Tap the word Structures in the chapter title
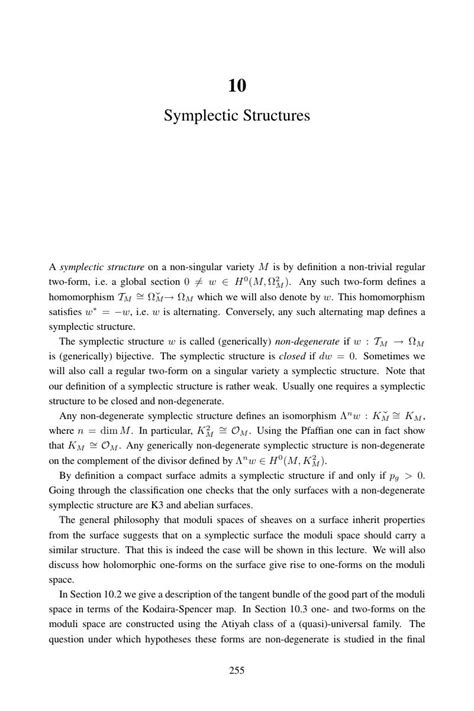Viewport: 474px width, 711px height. click(273, 118)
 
